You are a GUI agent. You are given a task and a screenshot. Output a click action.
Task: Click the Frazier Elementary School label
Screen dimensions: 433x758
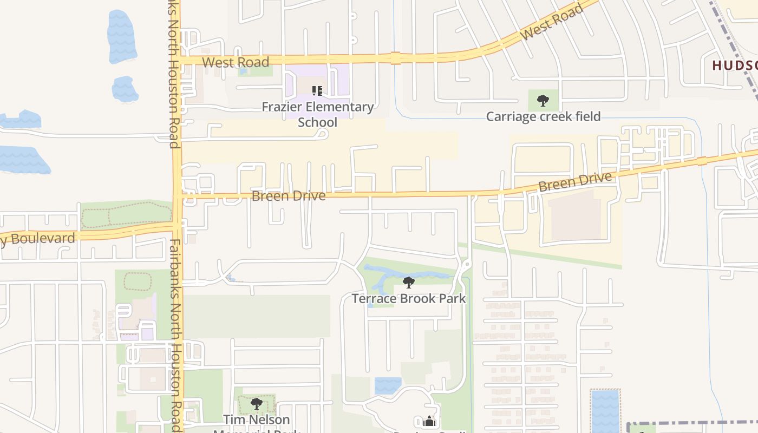click(318, 114)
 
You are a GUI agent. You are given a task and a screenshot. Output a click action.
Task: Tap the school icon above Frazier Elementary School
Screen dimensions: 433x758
click(317, 91)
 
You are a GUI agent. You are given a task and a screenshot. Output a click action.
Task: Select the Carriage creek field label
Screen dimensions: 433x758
click(543, 116)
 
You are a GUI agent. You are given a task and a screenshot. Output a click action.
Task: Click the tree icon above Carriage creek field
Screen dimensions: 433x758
click(543, 100)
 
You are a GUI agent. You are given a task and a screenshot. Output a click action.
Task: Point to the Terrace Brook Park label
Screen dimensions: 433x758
click(409, 298)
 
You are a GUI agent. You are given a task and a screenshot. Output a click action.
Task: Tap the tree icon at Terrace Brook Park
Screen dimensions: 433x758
click(409, 282)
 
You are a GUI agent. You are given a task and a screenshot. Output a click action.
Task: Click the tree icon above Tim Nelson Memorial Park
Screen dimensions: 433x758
click(257, 403)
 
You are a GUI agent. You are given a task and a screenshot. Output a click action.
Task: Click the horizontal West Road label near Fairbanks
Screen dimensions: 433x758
click(236, 62)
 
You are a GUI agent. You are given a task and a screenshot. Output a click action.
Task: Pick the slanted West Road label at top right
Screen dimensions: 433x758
click(552, 22)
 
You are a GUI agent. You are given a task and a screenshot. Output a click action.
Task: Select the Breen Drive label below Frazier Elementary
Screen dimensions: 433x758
click(289, 195)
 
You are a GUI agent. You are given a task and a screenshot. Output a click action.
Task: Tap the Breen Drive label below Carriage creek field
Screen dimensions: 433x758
click(575, 182)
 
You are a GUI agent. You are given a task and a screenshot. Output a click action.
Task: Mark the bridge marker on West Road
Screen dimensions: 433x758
click(396, 58)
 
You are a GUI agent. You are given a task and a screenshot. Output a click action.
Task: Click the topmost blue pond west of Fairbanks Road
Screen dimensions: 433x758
click(121, 36)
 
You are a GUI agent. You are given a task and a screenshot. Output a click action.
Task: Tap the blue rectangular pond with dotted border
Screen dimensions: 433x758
click(605, 411)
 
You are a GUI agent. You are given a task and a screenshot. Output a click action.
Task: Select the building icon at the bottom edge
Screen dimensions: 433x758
click(429, 421)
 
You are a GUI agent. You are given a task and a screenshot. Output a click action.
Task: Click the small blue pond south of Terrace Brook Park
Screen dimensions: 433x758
click(388, 385)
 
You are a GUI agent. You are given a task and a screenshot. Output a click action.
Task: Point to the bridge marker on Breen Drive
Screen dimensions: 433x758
click(702, 161)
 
